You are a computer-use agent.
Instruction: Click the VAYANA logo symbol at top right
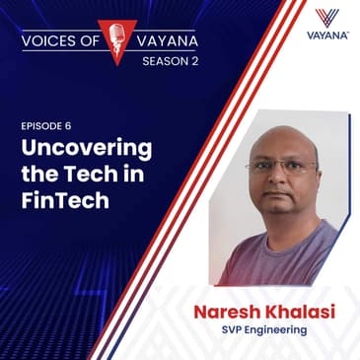point(329,19)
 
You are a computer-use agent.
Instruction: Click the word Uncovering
point(87,150)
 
